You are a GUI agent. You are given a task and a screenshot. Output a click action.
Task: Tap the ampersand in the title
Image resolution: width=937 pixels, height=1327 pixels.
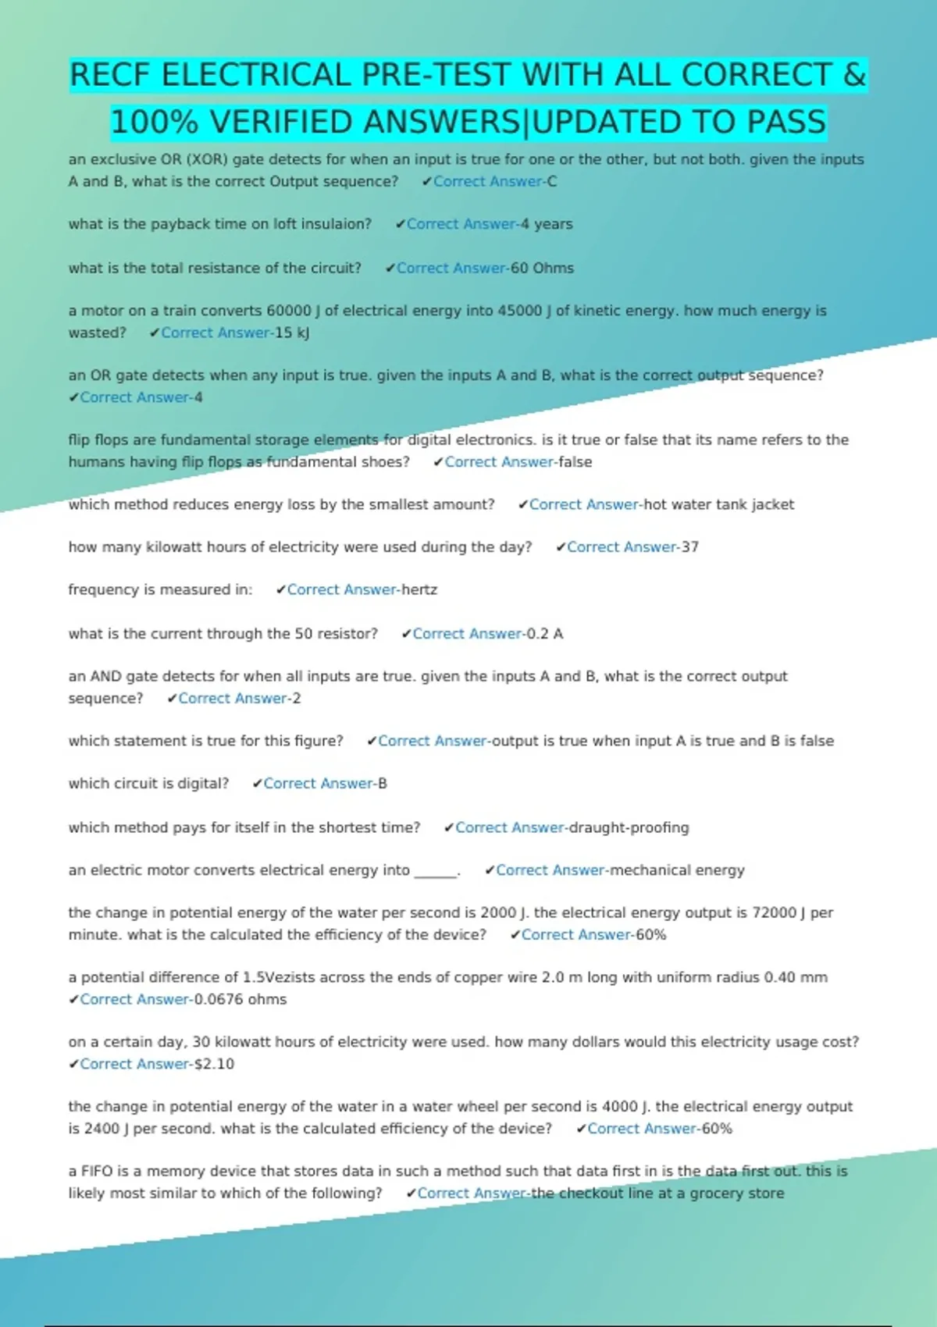click(854, 76)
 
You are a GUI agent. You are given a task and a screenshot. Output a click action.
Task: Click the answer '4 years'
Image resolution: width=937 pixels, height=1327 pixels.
click(547, 224)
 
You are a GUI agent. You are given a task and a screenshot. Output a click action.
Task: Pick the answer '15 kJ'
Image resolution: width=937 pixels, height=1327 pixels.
click(292, 333)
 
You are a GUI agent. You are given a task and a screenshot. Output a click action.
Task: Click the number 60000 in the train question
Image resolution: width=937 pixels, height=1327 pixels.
click(288, 311)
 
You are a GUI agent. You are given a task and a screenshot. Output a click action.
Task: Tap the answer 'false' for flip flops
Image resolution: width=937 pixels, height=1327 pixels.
click(575, 462)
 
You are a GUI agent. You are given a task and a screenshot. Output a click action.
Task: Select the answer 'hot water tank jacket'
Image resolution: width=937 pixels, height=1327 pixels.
click(718, 504)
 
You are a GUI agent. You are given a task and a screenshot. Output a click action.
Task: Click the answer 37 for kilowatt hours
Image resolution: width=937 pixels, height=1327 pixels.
click(689, 547)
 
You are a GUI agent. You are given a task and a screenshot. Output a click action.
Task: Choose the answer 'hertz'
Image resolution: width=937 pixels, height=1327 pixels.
click(419, 590)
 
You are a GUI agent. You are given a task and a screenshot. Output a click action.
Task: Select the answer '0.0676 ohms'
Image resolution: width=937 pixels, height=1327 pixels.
click(240, 999)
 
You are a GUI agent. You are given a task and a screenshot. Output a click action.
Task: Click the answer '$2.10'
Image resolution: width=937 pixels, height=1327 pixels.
click(214, 1064)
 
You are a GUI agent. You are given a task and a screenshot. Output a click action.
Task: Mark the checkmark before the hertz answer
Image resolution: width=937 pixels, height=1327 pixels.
click(281, 590)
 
